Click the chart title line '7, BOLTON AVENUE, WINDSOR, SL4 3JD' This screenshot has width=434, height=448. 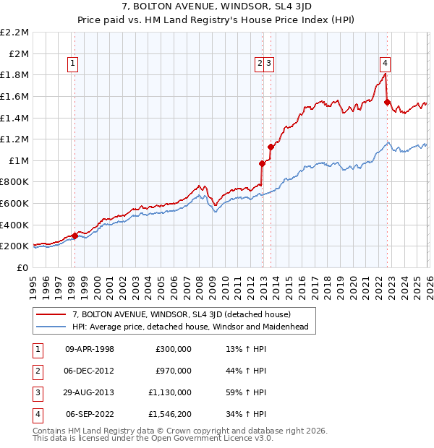pos(217,7)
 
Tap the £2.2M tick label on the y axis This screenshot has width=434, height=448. pos(14,33)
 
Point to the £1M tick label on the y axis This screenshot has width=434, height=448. pos(19,160)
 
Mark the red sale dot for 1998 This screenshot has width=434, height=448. pos(75,236)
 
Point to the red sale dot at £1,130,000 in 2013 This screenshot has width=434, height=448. pos(271,147)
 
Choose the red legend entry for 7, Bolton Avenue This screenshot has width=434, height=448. pos(181,314)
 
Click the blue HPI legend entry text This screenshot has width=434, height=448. pos(190,327)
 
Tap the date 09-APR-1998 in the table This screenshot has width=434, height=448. pos(90,349)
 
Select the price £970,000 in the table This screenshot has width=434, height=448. pos(174,371)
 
